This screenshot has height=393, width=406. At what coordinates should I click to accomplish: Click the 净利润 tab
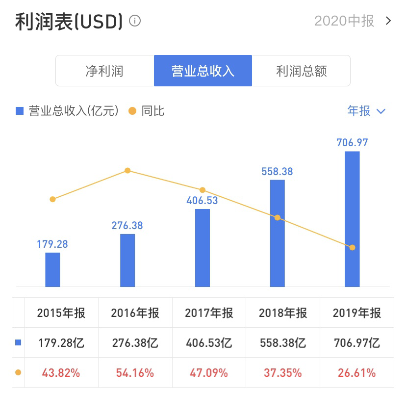(x=104, y=71)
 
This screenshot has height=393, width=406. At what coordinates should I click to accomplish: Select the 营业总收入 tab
(x=203, y=71)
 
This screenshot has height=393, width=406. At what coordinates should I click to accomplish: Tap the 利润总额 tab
(x=301, y=71)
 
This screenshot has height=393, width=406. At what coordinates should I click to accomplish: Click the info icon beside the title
(x=134, y=21)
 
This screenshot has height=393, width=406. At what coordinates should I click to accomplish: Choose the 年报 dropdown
(x=366, y=111)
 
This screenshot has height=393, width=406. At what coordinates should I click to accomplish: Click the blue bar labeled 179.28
(x=52, y=269)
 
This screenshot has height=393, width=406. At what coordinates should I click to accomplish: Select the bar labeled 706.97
(x=352, y=219)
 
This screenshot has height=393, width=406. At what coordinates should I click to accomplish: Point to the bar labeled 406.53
(x=203, y=248)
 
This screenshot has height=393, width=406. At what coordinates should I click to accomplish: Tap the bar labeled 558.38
(x=278, y=233)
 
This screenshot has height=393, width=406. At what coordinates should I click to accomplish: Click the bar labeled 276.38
(x=127, y=260)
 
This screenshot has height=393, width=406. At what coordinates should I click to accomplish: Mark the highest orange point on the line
(x=127, y=170)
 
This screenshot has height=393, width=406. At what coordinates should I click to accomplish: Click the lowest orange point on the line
(x=352, y=247)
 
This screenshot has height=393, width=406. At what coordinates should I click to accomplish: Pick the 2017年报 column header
(x=209, y=313)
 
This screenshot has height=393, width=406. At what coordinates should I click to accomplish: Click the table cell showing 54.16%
(x=135, y=373)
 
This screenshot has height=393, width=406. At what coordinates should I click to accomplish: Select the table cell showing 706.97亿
(x=356, y=342)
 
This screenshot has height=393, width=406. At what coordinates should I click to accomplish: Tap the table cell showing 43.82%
(x=61, y=373)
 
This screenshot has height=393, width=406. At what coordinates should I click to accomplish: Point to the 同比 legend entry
(x=147, y=111)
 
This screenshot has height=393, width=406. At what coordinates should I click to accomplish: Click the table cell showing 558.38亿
(x=283, y=342)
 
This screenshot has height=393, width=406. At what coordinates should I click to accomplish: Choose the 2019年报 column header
(x=356, y=313)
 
